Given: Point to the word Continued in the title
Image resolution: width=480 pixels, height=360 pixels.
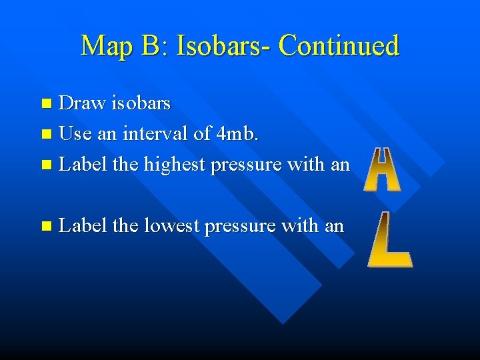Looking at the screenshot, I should click(x=339, y=46).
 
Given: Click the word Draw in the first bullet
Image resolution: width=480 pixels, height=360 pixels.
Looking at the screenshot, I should click(x=82, y=103).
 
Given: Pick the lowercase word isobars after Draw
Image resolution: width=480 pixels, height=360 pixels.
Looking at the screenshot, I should click(x=141, y=103).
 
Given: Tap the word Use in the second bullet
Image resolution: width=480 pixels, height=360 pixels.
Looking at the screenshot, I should click(x=75, y=133).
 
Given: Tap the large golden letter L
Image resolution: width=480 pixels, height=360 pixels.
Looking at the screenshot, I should click(x=389, y=239).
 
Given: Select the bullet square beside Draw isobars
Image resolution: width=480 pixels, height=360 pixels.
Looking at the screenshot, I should click(x=46, y=104).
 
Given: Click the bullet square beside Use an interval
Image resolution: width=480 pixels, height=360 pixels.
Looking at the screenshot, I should click(x=46, y=134).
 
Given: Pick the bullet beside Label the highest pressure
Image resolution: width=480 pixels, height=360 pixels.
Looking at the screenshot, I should click(x=46, y=165).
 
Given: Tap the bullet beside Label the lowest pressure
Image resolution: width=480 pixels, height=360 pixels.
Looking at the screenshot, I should click(x=46, y=227).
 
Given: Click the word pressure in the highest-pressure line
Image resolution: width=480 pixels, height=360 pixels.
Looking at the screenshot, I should click(x=245, y=164).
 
